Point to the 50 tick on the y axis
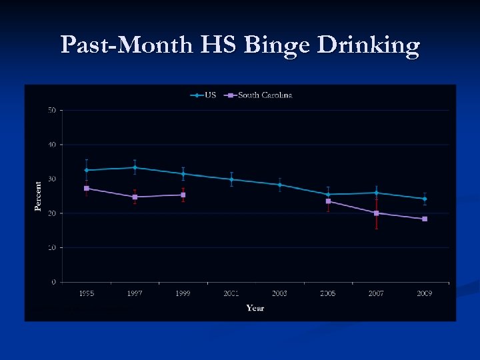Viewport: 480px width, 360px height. (52, 110)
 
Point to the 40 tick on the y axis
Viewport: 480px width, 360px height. (52, 145)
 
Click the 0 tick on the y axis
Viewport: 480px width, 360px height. (54, 282)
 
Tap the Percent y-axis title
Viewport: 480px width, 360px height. (38, 196)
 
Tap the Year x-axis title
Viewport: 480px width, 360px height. (255, 307)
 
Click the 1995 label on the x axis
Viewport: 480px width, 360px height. (86, 293)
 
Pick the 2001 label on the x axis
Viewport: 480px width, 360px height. (231, 293)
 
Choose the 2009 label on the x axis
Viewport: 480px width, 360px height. (425, 293)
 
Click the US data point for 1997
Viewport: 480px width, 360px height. (135, 167)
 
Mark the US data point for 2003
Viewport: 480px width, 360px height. (280, 185)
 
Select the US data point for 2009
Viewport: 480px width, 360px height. (425, 199)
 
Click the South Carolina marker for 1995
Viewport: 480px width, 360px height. (86, 188)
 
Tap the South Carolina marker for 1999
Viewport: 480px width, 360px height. (183, 195)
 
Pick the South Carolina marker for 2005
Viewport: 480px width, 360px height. (328, 201)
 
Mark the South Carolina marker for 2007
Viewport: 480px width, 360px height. (377, 213)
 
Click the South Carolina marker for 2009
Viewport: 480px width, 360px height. (425, 219)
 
